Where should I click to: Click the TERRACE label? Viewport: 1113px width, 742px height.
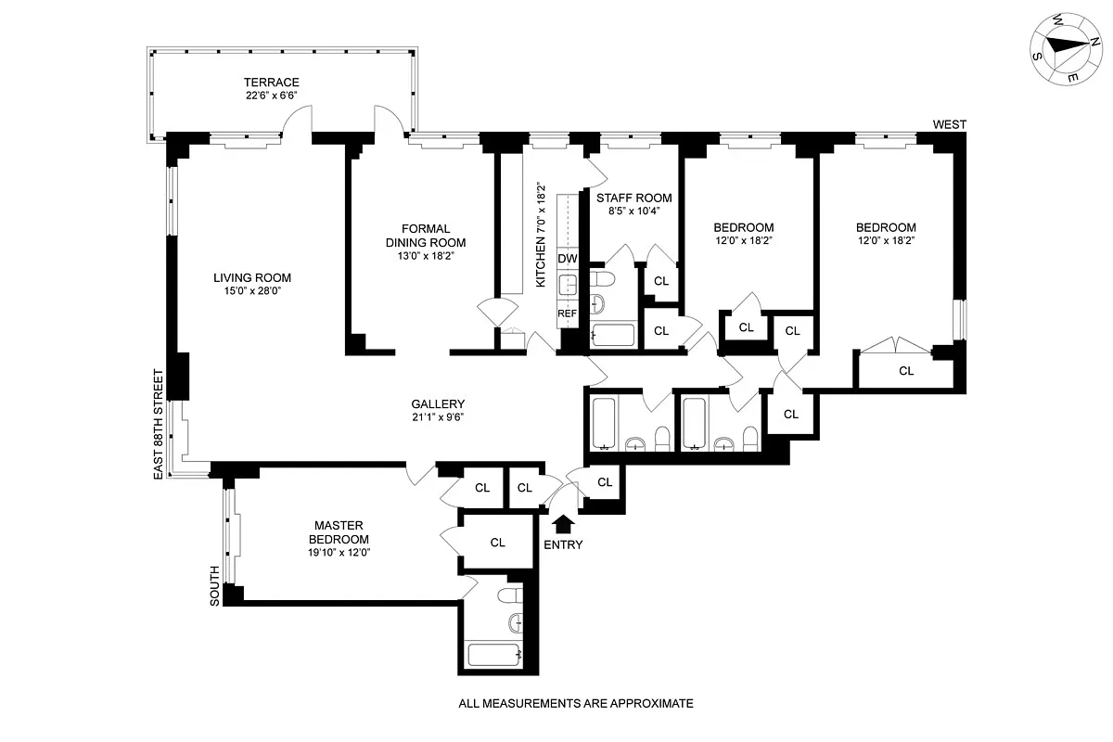point(271,83)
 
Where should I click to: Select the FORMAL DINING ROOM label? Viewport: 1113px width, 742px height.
point(426,236)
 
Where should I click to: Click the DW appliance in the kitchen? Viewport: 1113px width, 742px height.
point(568,258)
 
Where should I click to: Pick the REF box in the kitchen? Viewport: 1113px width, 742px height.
point(568,313)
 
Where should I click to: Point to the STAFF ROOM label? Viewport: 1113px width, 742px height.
point(633,198)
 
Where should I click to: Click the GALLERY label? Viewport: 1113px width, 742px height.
point(438,403)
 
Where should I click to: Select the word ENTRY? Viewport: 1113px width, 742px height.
point(564,544)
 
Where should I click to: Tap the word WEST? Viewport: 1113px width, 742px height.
point(950,124)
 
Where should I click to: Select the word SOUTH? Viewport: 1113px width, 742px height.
point(215,586)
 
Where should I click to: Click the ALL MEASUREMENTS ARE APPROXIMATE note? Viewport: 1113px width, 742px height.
point(576,704)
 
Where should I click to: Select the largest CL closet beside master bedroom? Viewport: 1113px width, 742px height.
point(497,543)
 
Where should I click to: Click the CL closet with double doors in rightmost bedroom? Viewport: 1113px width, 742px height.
point(905,370)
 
